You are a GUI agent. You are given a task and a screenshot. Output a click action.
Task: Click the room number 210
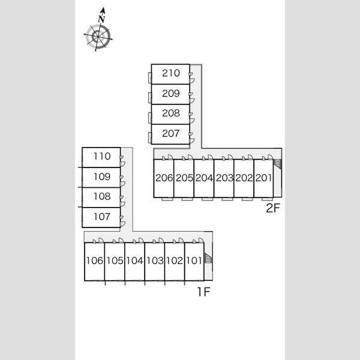(171, 73)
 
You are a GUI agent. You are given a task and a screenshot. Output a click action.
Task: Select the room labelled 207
(171, 133)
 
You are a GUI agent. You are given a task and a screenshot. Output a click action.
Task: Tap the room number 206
(164, 178)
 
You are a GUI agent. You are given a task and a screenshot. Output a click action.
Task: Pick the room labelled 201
(264, 178)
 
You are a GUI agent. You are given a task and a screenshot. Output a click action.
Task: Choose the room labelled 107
(102, 217)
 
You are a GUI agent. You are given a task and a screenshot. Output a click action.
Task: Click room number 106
(95, 260)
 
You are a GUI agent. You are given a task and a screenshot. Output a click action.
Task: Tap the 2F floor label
(273, 208)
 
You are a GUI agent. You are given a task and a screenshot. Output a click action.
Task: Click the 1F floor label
(204, 292)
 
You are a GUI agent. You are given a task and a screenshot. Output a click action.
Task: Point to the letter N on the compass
(101, 19)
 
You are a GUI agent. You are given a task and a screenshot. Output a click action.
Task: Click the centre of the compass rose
(98, 37)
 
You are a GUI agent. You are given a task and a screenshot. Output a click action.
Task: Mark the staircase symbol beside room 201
(278, 164)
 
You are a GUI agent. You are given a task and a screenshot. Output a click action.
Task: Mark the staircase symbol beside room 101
(208, 258)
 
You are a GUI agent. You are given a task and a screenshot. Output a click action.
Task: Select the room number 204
(204, 178)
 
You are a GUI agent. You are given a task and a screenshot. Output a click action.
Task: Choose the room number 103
(155, 260)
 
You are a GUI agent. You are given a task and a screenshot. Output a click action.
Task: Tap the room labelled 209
(171, 94)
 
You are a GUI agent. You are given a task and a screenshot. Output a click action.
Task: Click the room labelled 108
(102, 196)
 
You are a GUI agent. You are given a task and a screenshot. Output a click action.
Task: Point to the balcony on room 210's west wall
(150, 77)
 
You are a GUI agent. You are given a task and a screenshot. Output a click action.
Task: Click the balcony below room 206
(167, 199)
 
